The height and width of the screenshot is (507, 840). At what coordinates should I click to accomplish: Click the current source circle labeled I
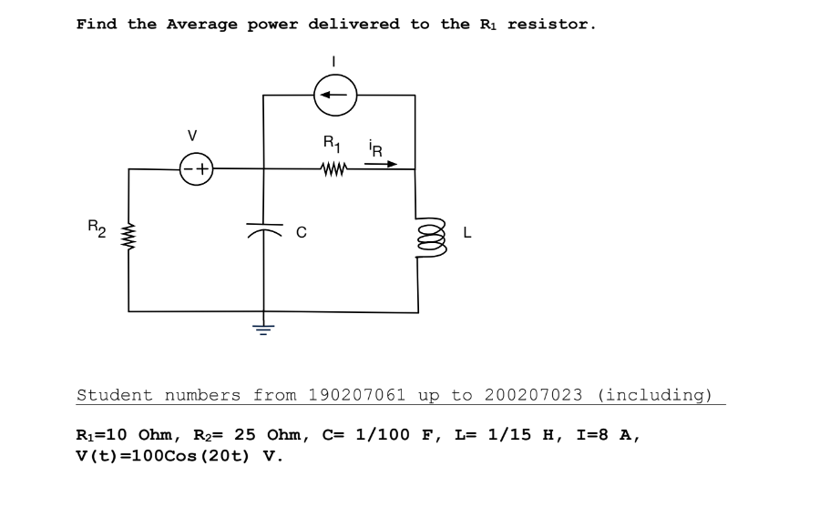[x=335, y=95]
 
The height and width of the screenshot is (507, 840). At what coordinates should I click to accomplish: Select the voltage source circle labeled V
[x=196, y=168]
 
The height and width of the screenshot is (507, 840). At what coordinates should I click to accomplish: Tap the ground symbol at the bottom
[x=263, y=329]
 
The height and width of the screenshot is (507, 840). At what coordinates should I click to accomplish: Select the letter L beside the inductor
[x=467, y=233]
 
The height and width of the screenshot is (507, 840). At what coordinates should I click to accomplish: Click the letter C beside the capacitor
[x=300, y=233]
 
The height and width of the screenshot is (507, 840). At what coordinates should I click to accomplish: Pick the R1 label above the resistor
[x=331, y=143]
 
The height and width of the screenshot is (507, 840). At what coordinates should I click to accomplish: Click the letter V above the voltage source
[x=192, y=136]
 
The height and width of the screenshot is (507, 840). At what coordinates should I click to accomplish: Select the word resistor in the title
[x=550, y=24]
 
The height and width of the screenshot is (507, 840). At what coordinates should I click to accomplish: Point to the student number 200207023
[x=533, y=395]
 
